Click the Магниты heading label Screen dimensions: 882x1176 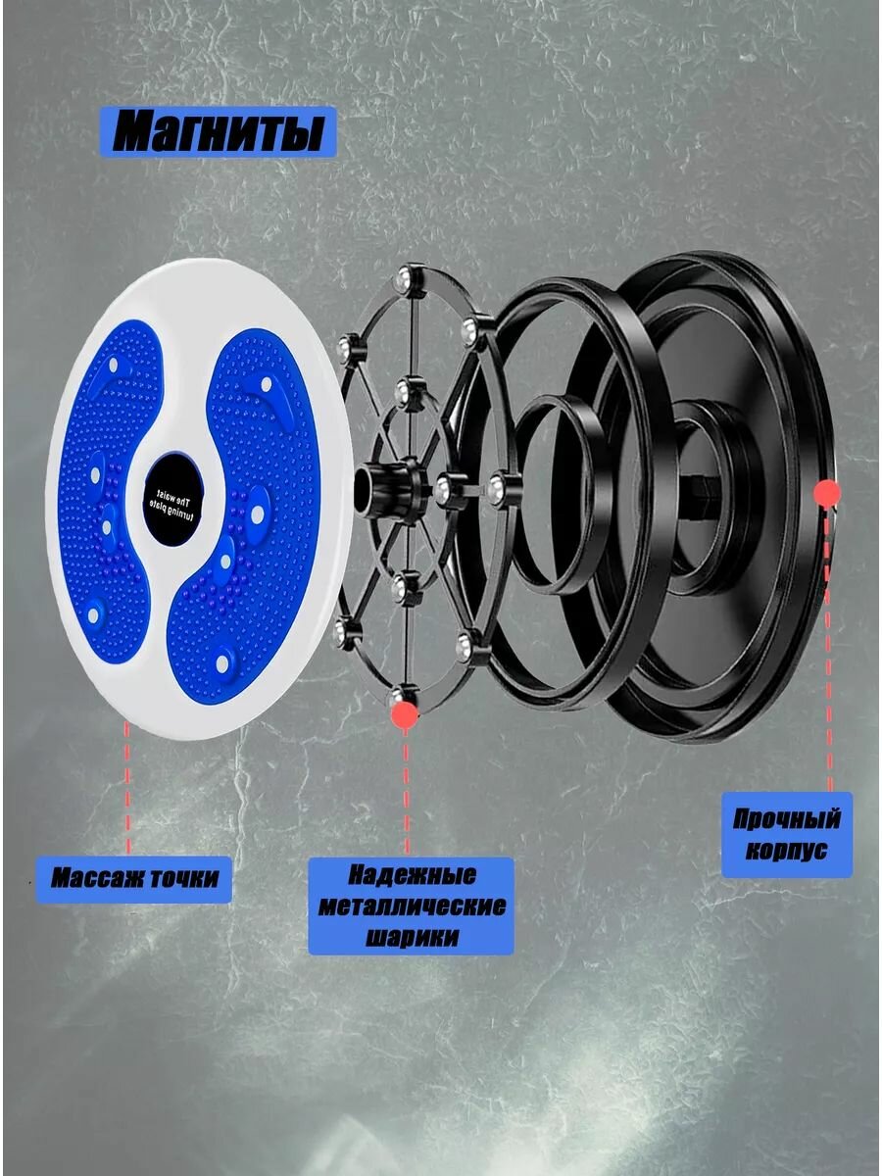(218, 131)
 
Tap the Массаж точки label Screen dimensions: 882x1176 (134, 879)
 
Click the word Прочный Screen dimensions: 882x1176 (786, 820)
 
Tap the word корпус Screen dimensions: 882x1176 (786, 851)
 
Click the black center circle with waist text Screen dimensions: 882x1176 (173, 497)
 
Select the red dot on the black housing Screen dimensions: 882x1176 (827, 492)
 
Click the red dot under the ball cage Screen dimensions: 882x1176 (405, 714)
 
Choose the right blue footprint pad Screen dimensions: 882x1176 (244, 514)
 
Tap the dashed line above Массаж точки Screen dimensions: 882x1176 (127, 788)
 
